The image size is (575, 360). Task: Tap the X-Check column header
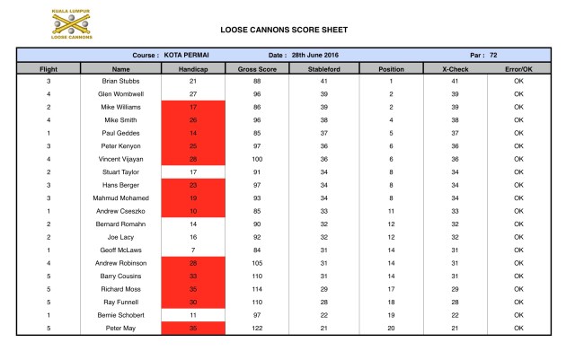456,68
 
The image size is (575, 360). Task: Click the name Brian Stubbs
121,81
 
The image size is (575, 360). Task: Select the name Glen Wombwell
121,93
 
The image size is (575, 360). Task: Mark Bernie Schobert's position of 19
391,316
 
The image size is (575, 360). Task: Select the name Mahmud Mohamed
121,198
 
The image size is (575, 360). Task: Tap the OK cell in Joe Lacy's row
519,237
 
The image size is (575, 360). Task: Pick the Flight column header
49,68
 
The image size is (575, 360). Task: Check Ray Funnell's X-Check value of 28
456,303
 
